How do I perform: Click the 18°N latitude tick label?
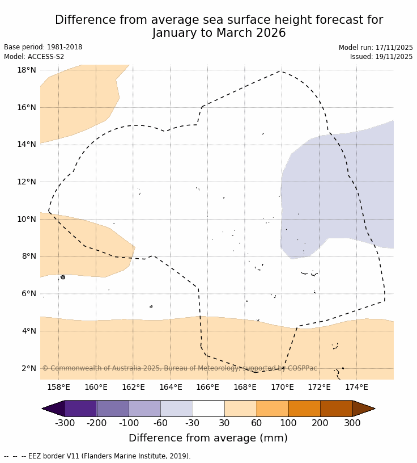(x=27, y=70)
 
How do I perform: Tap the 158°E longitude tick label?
(x=58, y=388)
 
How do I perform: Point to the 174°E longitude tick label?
(x=356, y=388)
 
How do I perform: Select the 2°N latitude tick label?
(x=29, y=368)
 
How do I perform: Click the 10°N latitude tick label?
(x=27, y=219)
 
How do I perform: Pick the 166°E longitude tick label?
(x=207, y=388)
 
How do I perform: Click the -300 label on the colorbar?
(x=65, y=423)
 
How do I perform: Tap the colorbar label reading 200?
(x=320, y=423)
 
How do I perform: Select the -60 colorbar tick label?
(x=160, y=423)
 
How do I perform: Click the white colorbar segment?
(x=208, y=409)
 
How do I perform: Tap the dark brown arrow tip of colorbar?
(x=363, y=409)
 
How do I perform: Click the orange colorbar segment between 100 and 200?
(x=304, y=409)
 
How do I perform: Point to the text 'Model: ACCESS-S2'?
(x=34, y=57)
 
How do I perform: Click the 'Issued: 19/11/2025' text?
(x=381, y=57)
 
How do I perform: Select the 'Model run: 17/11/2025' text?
(x=376, y=48)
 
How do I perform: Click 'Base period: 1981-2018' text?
(x=43, y=48)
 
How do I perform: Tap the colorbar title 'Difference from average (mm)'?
(x=208, y=438)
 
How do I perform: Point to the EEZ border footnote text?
(x=97, y=456)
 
